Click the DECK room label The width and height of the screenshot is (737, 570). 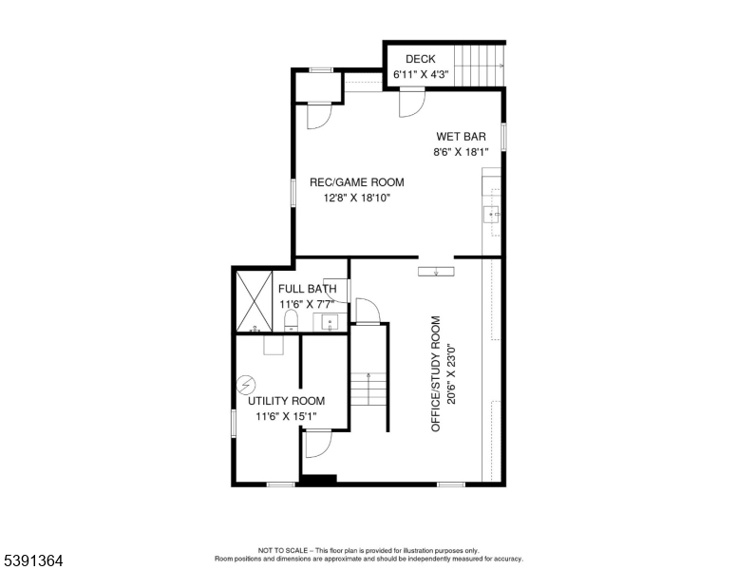click(x=420, y=59)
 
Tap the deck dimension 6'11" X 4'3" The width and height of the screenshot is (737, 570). click(x=420, y=74)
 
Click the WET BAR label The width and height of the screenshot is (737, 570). click(x=461, y=137)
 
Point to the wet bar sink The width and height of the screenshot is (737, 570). click(x=493, y=215)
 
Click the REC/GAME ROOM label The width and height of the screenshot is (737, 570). click(x=356, y=182)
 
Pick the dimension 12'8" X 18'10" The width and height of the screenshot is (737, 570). click(x=356, y=198)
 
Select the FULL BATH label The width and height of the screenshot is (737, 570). click(x=307, y=289)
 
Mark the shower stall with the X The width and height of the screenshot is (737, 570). click(x=254, y=299)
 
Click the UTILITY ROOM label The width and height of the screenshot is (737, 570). click(x=286, y=401)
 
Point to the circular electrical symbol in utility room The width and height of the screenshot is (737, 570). click(x=247, y=385)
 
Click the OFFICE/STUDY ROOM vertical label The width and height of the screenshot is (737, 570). click(x=436, y=373)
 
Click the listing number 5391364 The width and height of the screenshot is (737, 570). click(x=32, y=560)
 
